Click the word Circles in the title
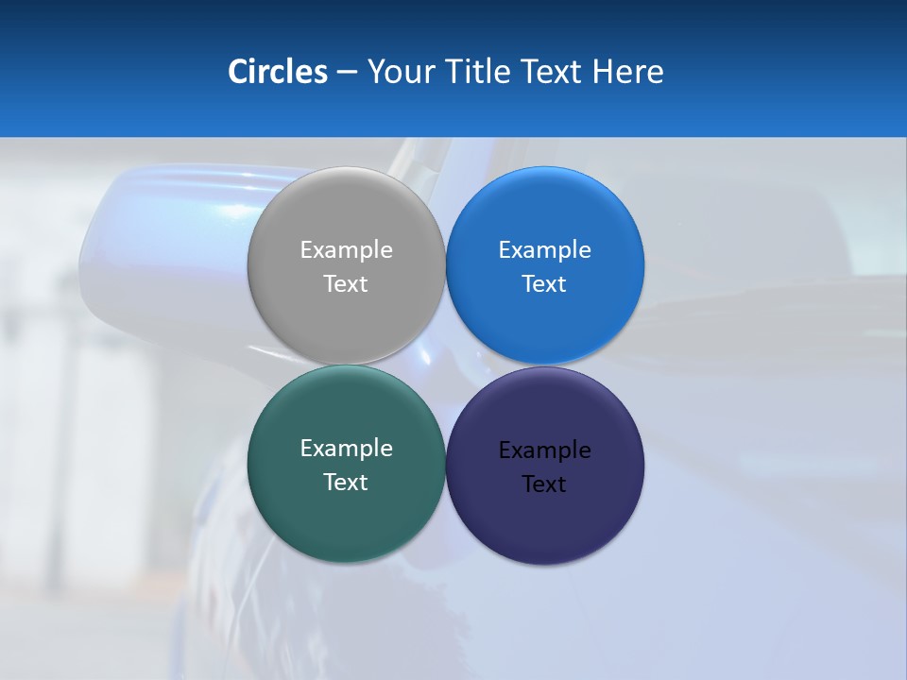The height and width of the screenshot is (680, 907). pyautogui.click(x=277, y=72)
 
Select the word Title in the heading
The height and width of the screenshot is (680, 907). pyautogui.click(x=481, y=72)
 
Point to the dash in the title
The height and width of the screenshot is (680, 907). pyautogui.click(x=346, y=73)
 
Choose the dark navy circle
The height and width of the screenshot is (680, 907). pyautogui.click(x=544, y=519)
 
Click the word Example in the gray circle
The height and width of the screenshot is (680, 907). pyautogui.click(x=346, y=250)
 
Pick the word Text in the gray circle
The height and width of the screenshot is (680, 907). pyautogui.click(x=346, y=284)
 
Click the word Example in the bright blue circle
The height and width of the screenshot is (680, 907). pyautogui.click(x=544, y=250)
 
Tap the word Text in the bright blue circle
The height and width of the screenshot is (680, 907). pyautogui.click(x=544, y=284)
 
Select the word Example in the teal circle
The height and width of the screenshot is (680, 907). pyautogui.click(x=346, y=449)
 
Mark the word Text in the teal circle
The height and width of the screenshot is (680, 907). pyautogui.click(x=346, y=483)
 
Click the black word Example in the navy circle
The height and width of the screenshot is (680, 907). pyautogui.click(x=544, y=450)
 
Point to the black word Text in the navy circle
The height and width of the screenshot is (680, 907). pyautogui.click(x=544, y=484)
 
